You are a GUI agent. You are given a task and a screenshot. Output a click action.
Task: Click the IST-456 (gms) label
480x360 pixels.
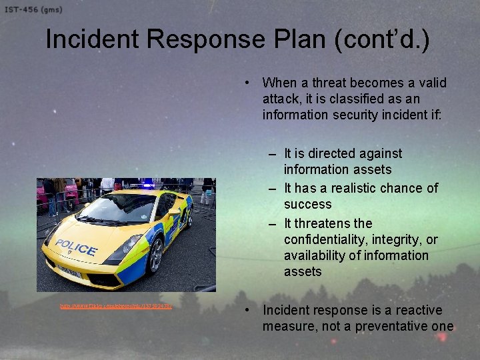[x=31, y=9]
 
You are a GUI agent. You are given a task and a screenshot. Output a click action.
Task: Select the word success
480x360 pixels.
[x=307, y=204]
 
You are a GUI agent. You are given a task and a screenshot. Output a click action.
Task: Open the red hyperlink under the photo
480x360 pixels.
[x=116, y=307]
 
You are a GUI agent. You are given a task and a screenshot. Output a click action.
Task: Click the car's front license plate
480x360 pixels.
[x=69, y=272]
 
